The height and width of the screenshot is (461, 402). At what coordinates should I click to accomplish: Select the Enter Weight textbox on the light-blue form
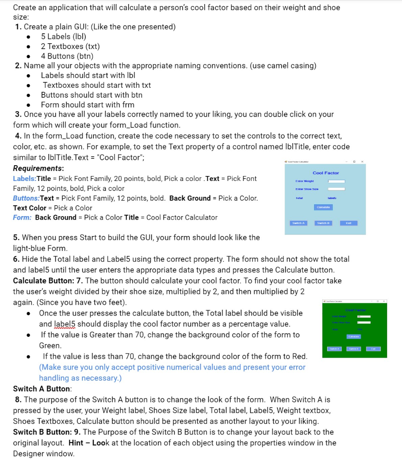(x=336, y=181)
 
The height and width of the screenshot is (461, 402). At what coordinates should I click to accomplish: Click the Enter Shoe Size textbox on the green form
(x=364, y=322)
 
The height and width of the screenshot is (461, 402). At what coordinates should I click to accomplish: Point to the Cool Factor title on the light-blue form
(x=325, y=173)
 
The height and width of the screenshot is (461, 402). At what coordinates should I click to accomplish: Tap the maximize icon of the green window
(x=378, y=301)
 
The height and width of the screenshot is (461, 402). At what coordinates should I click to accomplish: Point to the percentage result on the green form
(x=360, y=330)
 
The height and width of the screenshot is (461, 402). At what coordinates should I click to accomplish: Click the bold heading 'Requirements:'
(x=38, y=168)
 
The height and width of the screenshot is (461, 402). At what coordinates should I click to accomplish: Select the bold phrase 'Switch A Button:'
(x=42, y=389)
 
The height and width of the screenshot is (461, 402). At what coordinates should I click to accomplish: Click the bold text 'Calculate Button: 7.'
(x=53, y=280)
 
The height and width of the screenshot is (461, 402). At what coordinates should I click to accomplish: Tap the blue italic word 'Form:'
(x=23, y=217)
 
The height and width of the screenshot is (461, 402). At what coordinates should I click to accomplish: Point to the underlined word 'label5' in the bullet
(x=64, y=324)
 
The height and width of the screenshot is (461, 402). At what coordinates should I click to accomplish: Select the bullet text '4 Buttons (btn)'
(x=67, y=56)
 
